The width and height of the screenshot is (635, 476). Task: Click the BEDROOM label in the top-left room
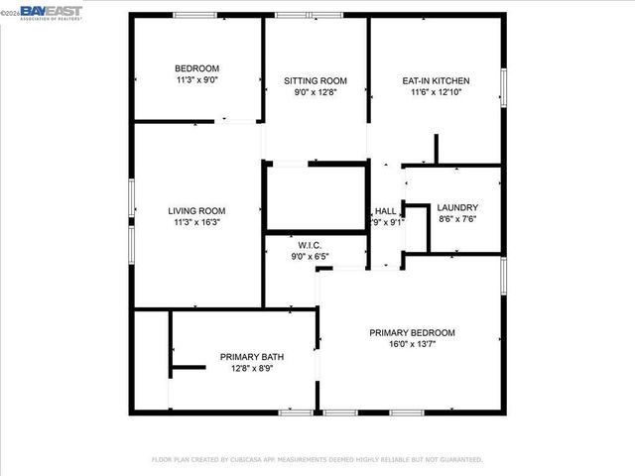[197, 68]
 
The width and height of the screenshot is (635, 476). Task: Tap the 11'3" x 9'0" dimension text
[197, 79]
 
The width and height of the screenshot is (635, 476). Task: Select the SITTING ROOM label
[316, 80]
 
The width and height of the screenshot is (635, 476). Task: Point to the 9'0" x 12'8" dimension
[316, 92]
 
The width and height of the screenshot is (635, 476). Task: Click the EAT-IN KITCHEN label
[436, 80]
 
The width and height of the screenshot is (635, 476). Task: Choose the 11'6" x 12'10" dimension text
[436, 92]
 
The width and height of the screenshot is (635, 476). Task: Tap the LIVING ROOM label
[196, 210]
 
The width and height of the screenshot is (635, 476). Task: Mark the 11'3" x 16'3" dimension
[196, 222]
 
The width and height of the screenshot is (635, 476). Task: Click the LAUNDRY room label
[457, 207]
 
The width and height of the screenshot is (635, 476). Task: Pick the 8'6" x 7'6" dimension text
[457, 219]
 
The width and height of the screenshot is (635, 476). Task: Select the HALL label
[385, 211]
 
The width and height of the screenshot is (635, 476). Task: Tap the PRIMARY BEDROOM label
[413, 332]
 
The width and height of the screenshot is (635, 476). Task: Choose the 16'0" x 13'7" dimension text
[413, 344]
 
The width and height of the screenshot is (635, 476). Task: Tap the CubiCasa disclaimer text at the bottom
[317, 459]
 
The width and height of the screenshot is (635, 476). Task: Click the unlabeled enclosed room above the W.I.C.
[317, 198]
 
